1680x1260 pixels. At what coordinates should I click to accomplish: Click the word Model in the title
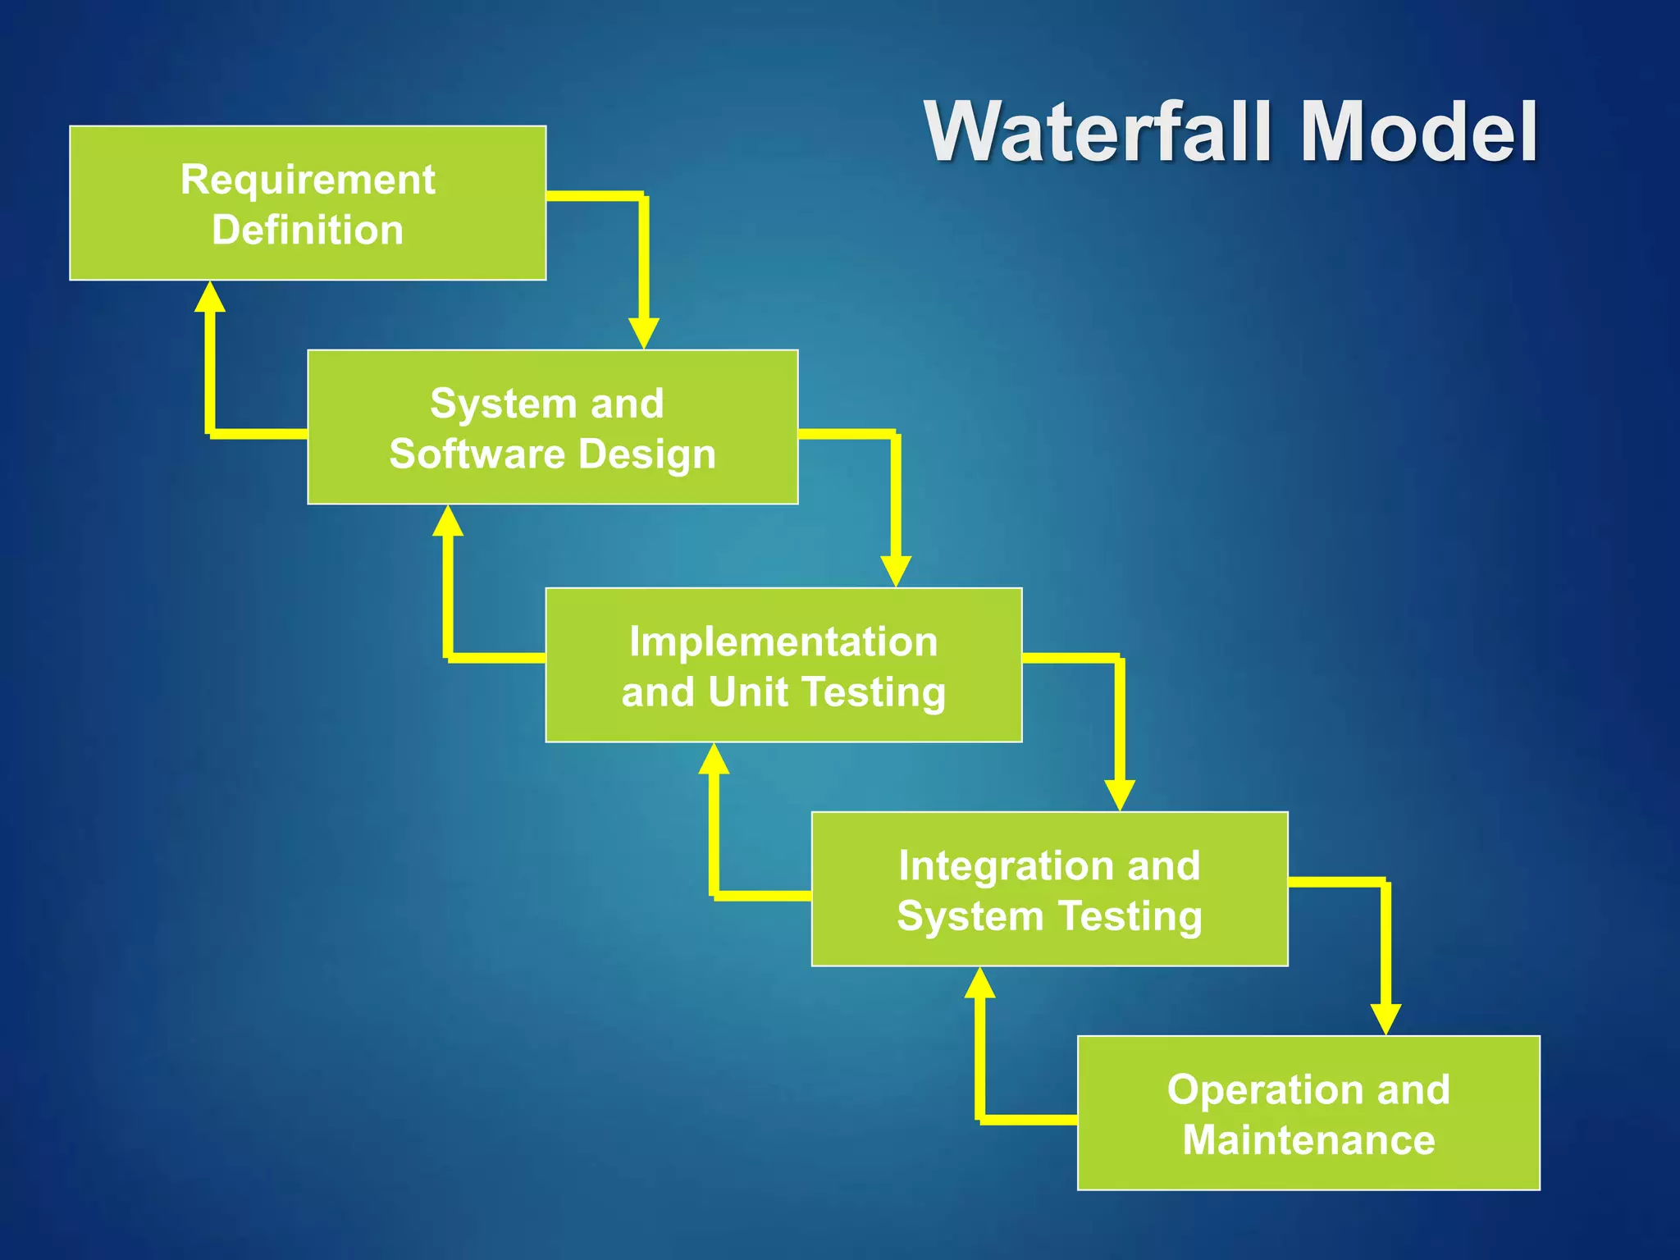pyautogui.click(x=1418, y=133)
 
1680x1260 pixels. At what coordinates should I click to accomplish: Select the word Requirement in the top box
pyautogui.click(x=308, y=180)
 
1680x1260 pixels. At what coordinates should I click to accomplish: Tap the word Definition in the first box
pyautogui.click(x=308, y=230)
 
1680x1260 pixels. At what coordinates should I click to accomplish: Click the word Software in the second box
pyautogui.click(x=477, y=454)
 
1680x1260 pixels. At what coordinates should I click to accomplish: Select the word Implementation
pyautogui.click(x=783, y=641)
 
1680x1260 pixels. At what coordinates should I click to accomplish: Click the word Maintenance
pyautogui.click(x=1309, y=1140)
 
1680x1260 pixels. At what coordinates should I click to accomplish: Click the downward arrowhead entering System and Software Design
pyautogui.click(x=644, y=333)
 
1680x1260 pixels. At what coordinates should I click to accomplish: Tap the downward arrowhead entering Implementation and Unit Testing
pyautogui.click(x=896, y=571)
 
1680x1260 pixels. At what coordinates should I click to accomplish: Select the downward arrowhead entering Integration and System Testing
pyautogui.click(x=1120, y=795)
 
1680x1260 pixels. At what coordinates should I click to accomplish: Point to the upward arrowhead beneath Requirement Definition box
pyautogui.click(x=210, y=298)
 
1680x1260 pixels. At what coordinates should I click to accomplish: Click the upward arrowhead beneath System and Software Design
pyautogui.click(x=448, y=522)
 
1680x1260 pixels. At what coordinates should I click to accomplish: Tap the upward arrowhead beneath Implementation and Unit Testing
pyautogui.click(x=714, y=760)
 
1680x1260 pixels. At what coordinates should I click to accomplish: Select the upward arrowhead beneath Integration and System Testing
pyautogui.click(x=979, y=984)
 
